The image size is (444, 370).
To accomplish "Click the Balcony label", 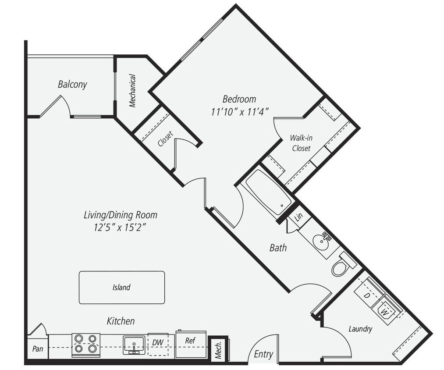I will coord(72,84).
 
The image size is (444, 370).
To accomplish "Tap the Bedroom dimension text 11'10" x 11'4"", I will coord(239,111).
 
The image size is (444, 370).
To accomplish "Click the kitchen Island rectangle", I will coord(121,288).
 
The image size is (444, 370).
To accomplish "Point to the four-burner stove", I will coord(86,343).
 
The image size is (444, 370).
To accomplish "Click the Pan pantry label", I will coord(37,349).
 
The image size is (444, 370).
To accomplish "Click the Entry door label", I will coord(263,354).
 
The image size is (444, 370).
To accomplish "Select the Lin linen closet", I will coord(298,217).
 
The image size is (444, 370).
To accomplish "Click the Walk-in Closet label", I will coord(301,143).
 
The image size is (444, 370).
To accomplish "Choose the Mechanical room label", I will coord(132,91).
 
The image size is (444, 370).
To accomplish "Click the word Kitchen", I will coord(121,321).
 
